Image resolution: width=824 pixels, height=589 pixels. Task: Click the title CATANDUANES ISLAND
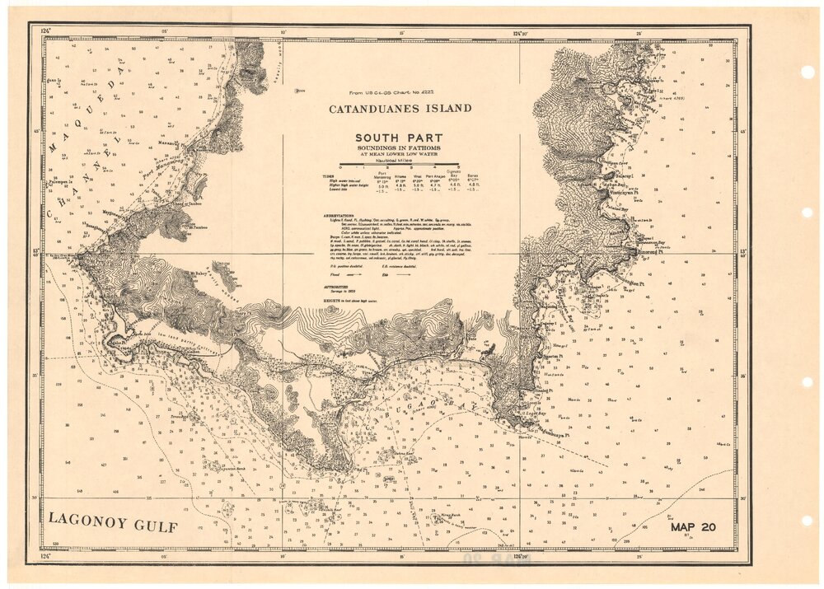(400, 108)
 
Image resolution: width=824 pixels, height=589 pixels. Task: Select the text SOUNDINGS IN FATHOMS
(399, 147)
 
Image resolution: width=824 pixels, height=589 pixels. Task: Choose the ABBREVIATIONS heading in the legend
(343, 213)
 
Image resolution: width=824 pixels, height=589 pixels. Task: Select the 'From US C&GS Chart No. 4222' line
(392, 94)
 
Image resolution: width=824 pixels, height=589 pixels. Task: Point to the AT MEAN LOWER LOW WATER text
(399, 154)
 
